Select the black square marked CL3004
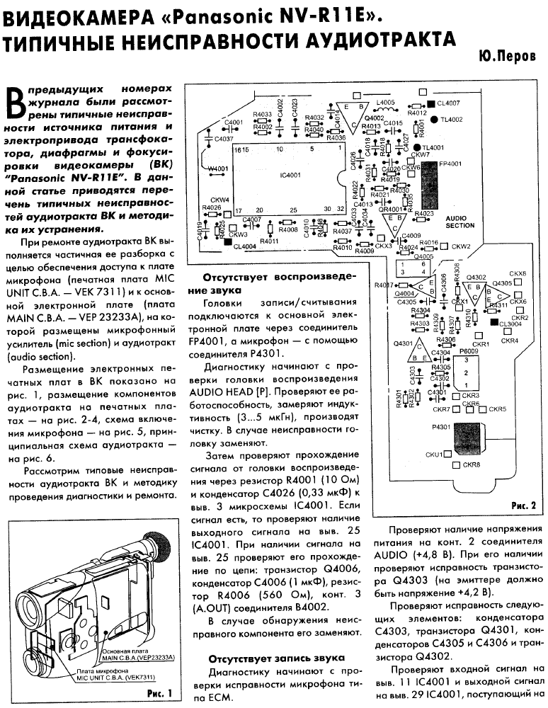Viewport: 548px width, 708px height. point(493,322)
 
